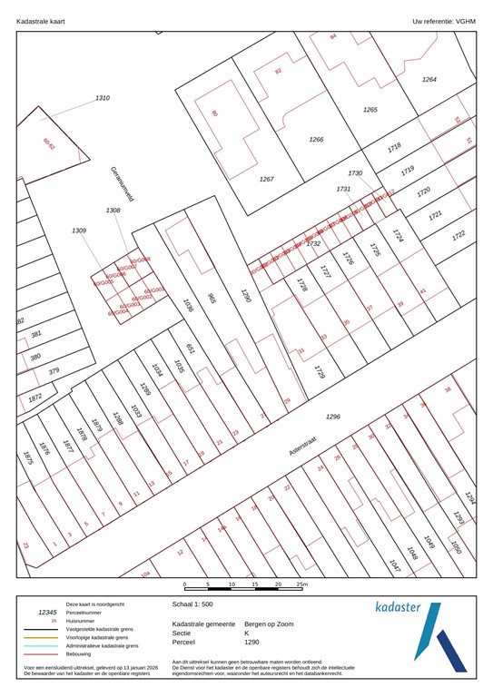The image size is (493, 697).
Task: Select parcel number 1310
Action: pos(103,98)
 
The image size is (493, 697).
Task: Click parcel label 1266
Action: pos(316,139)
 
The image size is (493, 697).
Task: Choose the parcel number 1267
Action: pos(266,179)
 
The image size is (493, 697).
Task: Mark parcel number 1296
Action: pos(332,417)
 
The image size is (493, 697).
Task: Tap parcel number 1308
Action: pos(113,210)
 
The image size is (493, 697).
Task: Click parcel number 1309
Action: pos(79,231)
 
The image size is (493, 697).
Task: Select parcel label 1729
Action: pos(319,372)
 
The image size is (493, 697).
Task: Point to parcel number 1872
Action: pos(35,398)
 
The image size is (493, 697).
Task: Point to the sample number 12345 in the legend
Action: pos(47,613)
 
